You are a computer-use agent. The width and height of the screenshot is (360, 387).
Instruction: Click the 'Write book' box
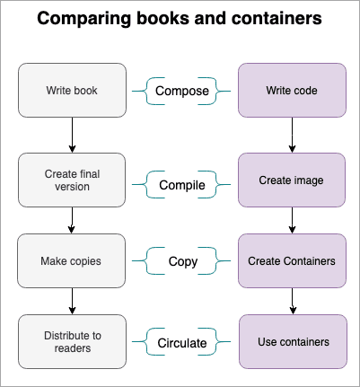(72, 90)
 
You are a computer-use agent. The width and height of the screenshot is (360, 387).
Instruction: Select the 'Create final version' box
(72, 180)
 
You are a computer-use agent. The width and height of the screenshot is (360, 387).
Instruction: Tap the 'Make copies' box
(71, 260)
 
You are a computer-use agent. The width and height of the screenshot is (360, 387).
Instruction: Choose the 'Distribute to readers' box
(72, 341)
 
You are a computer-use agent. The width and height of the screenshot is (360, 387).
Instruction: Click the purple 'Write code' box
(292, 90)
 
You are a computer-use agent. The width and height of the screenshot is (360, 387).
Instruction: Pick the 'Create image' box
(292, 180)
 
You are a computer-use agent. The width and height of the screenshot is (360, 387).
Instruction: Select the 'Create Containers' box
(292, 260)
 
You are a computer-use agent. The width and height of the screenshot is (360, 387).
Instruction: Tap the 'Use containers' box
(293, 341)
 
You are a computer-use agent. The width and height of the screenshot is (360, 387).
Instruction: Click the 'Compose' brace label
(182, 91)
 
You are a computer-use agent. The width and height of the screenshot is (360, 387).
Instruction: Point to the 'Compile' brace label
(182, 185)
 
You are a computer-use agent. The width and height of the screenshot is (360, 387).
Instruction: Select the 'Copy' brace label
(183, 261)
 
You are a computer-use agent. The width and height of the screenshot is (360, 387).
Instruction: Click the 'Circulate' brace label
(182, 343)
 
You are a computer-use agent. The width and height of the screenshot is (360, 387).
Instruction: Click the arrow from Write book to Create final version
(72, 135)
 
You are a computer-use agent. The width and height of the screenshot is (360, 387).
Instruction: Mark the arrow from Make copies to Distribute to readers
(72, 301)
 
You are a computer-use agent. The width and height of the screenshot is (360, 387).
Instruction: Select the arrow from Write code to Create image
(292, 135)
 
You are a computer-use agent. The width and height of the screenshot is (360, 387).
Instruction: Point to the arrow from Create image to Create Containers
(292, 220)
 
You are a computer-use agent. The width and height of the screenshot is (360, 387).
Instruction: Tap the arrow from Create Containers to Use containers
(293, 301)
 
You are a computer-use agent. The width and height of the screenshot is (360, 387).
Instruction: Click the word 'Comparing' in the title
(83, 19)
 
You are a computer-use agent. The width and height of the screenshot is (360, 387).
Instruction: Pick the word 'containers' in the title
(277, 18)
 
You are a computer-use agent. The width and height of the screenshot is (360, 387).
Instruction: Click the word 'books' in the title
(162, 18)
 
